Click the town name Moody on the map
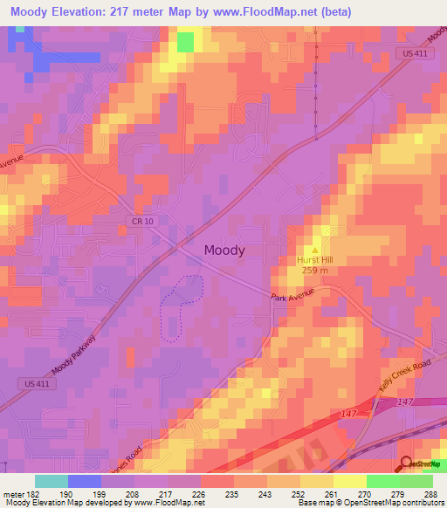click(x=224, y=250)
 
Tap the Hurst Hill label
click(x=315, y=259)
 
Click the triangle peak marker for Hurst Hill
click(x=316, y=248)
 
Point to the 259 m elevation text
click(x=315, y=270)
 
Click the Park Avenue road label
click(x=291, y=299)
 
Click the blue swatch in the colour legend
click(x=85, y=481)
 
